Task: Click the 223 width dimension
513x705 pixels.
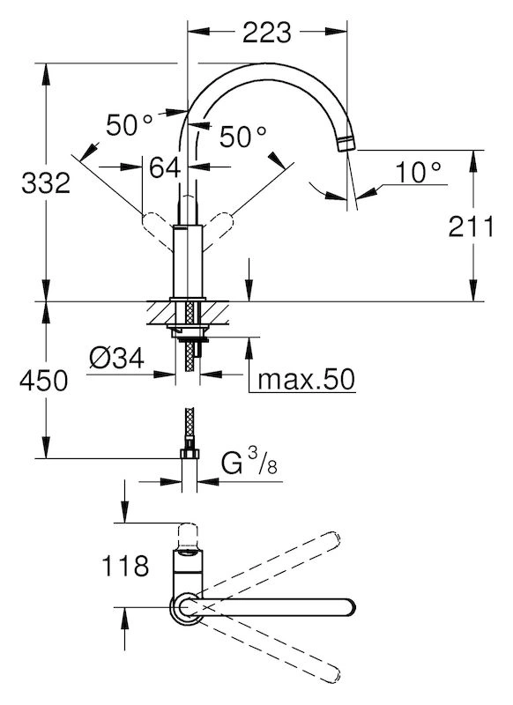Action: point(267,33)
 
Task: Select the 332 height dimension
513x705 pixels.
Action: point(46,183)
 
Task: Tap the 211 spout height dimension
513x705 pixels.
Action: point(471,226)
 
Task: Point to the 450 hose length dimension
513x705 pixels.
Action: point(43,381)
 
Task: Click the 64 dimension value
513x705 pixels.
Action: point(165,167)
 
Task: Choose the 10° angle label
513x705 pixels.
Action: point(418,172)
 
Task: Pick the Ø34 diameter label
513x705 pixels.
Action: point(116,359)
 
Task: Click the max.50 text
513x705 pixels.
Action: point(306,380)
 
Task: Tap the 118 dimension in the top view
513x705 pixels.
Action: point(125,566)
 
